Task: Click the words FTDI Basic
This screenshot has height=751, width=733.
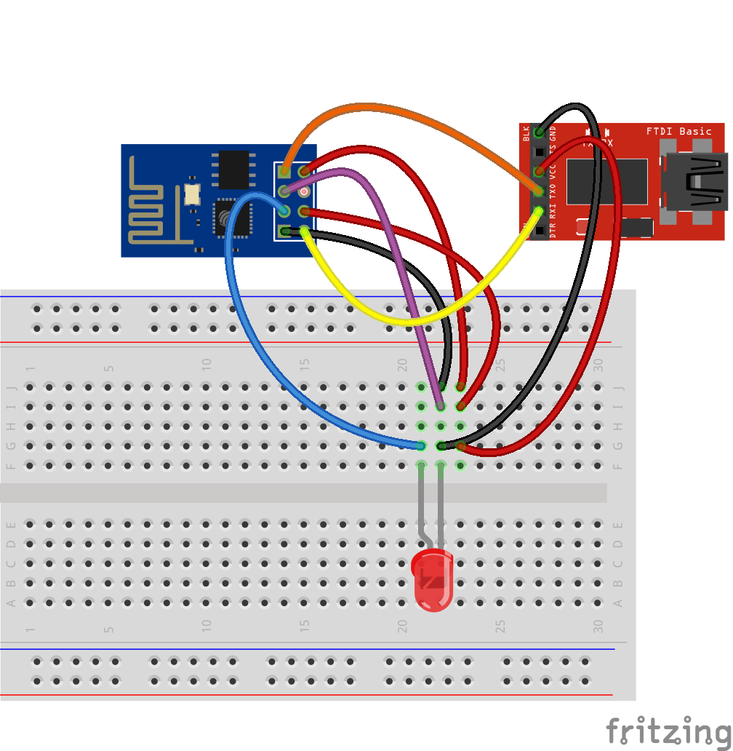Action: tap(678, 131)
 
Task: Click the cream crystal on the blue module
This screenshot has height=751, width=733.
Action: tap(192, 194)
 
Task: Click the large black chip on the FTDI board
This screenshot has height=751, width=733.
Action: tap(607, 181)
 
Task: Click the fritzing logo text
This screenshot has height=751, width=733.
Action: tap(668, 730)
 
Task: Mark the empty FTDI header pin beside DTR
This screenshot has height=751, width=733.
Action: tap(540, 232)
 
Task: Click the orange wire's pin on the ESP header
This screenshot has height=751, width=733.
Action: tap(284, 172)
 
